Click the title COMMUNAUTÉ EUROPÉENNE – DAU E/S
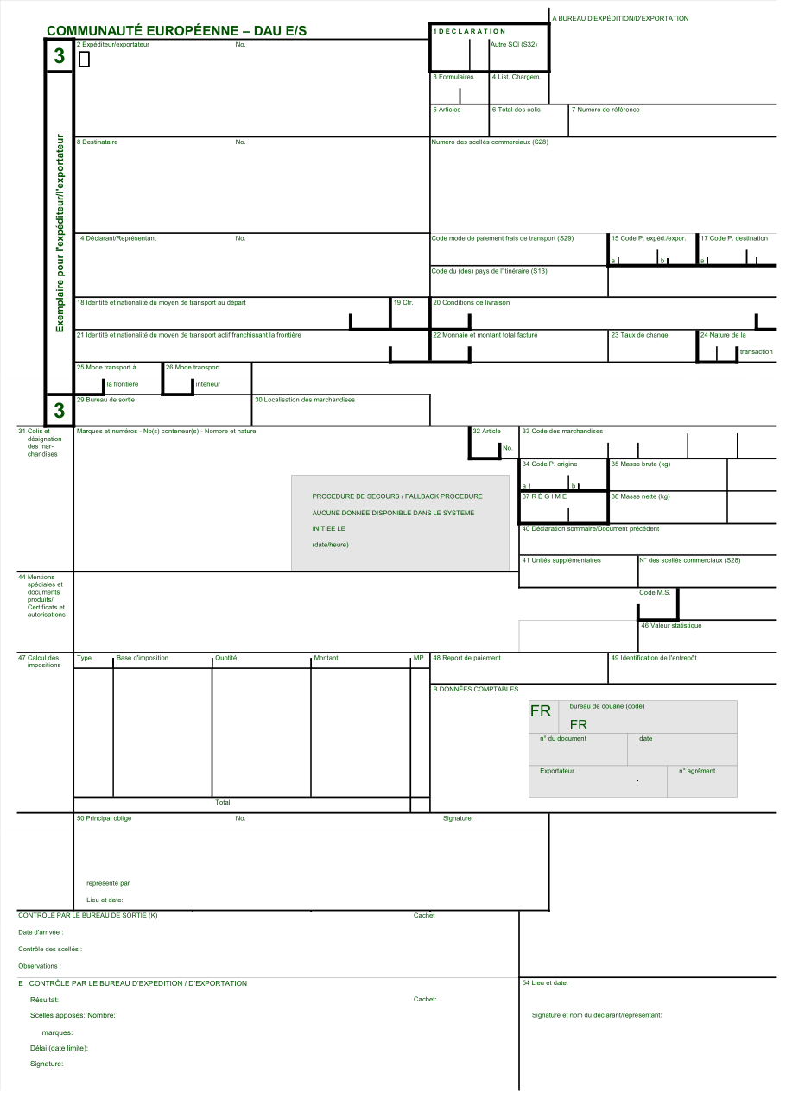(177, 31)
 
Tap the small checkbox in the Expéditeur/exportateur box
(85, 60)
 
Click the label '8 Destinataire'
(98, 142)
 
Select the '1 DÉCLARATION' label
(469, 31)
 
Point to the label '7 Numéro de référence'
(605, 110)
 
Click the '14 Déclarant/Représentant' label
(116, 238)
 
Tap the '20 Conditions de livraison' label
(471, 302)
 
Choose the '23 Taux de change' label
(639, 335)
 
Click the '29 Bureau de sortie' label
(105, 400)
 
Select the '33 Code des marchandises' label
(562, 431)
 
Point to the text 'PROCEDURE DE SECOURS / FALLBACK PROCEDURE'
(397, 496)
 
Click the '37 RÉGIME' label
(544, 496)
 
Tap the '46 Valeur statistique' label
(671, 626)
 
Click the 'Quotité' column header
(225, 658)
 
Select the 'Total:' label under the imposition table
(224, 802)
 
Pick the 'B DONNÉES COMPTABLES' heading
(475, 689)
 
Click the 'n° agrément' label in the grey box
(697, 771)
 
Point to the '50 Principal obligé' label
(104, 818)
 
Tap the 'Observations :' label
(40, 966)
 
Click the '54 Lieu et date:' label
(545, 982)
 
